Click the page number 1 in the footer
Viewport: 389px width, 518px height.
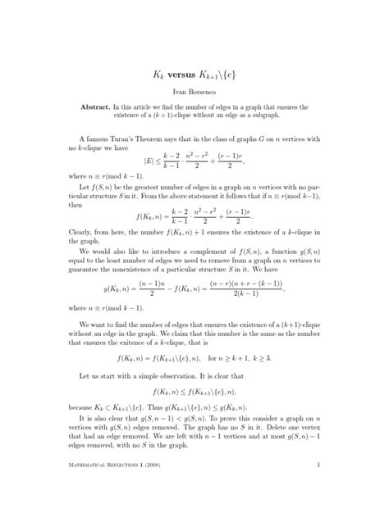[x=317, y=489]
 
